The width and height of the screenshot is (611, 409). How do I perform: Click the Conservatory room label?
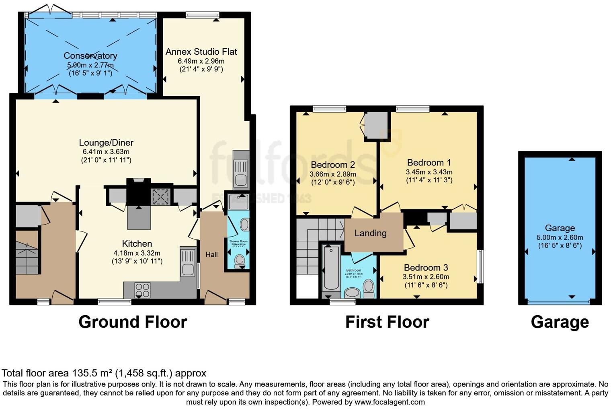click(90, 56)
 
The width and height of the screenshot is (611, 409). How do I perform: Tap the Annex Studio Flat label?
click(201, 52)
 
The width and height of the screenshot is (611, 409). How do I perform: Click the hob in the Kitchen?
click(142, 290)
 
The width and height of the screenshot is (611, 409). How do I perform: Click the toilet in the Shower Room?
click(240, 260)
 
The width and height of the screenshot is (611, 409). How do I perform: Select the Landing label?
click(370, 233)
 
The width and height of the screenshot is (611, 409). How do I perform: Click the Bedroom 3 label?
click(426, 268)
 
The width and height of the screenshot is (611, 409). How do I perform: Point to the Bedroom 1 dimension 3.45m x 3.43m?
click(429, 172)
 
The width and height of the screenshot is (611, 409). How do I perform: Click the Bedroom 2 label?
click(332, 165)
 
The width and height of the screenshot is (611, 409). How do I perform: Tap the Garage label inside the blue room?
click(560, 228)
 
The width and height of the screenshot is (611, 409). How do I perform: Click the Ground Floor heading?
click(133, 322)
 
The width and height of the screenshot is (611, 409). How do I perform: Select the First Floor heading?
click(387, 322)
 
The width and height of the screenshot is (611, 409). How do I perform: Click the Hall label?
click(211, 254)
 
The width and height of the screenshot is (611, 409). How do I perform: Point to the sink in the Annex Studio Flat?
click(241, 174)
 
